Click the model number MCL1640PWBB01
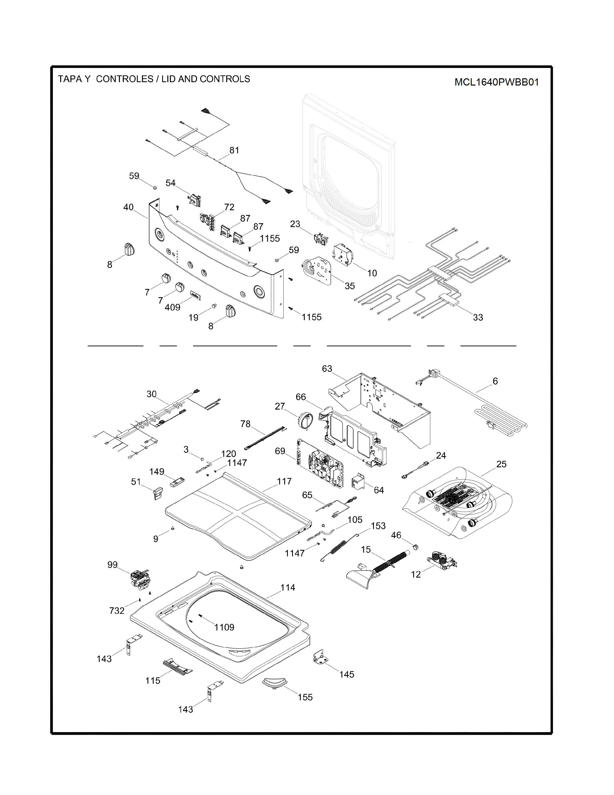(x=496, y=82)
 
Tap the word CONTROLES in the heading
(x=124, y=79)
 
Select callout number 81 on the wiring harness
(x=234, y=150)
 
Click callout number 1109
(x=224, y=627)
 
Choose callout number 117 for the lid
(x=284, y=481)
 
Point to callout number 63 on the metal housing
(x=327, y=369)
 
